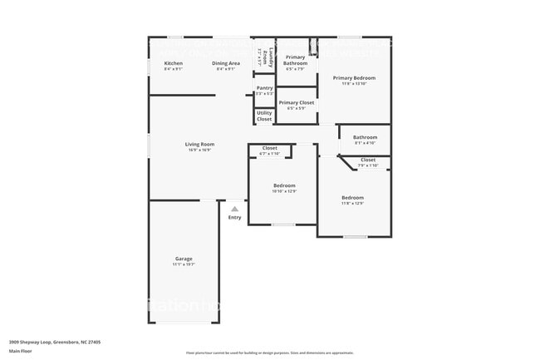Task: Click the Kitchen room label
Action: pos(174,63)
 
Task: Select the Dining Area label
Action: pos(226,63)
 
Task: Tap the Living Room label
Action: pos(199,144)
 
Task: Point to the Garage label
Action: pos(184,259)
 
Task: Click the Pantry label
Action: pos(264,87)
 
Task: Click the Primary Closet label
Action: pos(296,102)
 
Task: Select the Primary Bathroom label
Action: pos(295,60)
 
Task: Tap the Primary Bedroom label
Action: pos(354,77)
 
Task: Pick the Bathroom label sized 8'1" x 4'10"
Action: pos(365,137)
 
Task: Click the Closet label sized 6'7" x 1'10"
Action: pos(270,148)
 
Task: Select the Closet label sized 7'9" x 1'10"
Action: pos(367,160)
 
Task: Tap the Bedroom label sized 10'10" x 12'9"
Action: pos(283,185)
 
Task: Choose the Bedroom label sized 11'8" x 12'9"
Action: pos(352,197)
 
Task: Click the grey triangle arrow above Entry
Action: pos(235,209)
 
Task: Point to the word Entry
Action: pos(235,218)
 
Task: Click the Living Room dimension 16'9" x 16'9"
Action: pos(199,150)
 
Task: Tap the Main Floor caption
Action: pos(22,349)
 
